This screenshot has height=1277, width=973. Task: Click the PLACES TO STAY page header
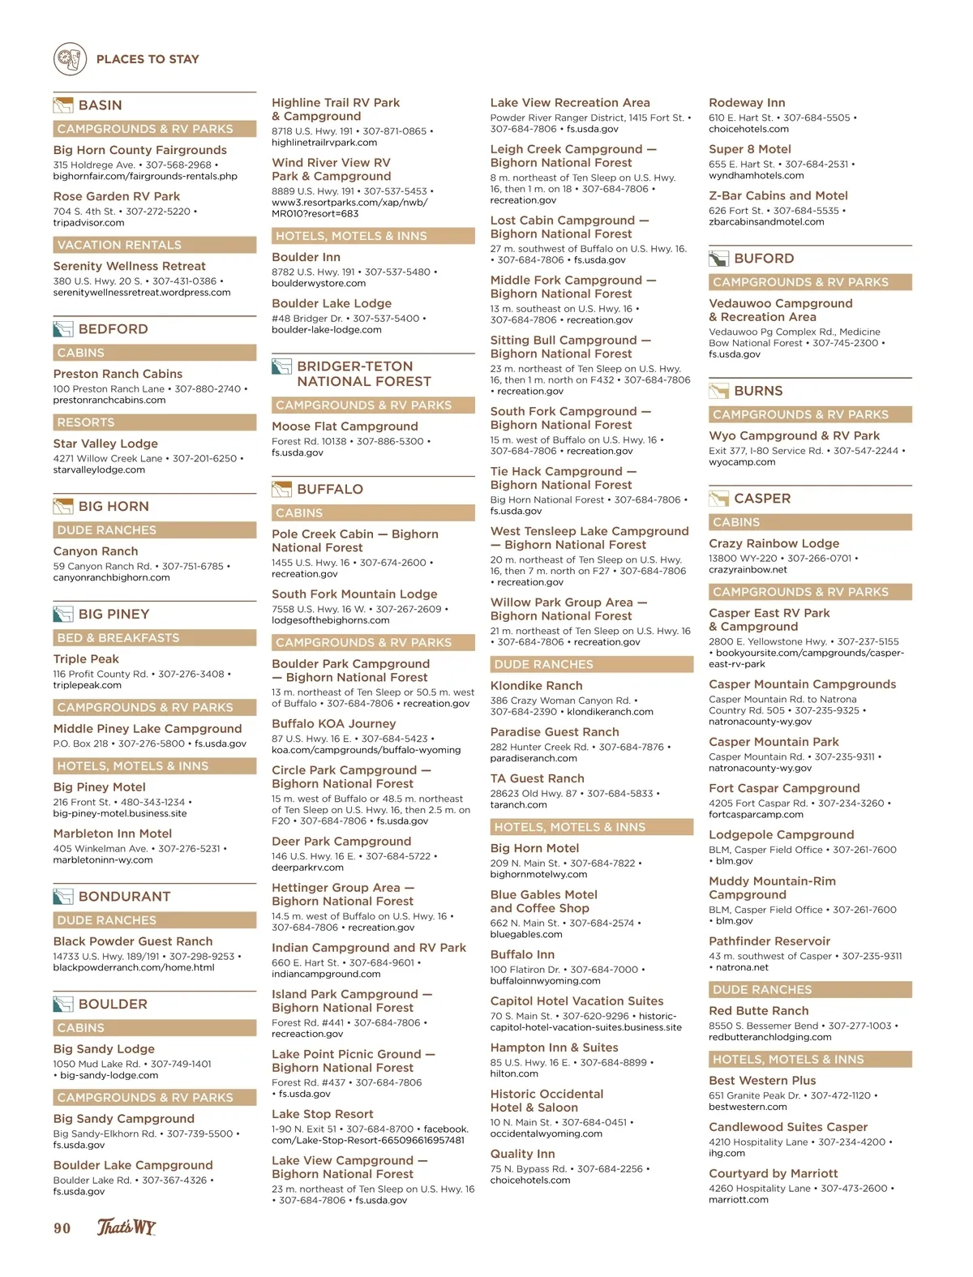tap(148, 59)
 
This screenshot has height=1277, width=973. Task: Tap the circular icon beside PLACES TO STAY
tap(70, 59)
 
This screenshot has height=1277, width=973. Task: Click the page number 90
tap(62, 1228)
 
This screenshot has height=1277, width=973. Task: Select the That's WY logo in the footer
tap(126, 1227)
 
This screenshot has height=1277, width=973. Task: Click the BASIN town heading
tap(100, 105)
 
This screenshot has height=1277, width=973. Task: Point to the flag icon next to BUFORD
tap(718, 259)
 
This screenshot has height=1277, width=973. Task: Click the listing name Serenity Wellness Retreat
tap(129, 266)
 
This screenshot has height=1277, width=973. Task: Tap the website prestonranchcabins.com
tap(109, 400)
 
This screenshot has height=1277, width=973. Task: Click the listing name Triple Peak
tap(86, 659)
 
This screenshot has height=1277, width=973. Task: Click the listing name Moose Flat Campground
tap(345, 426)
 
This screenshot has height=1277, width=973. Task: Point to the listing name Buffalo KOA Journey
tap(333, 724)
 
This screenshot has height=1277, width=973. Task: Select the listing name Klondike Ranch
tap(536, 686)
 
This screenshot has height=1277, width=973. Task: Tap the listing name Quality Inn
tap(522, 1155)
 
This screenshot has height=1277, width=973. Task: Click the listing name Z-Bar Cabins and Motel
tap(778, 196)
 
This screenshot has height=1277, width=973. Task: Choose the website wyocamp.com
tap(742, 462)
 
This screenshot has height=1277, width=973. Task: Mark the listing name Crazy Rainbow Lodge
tap(774, 544)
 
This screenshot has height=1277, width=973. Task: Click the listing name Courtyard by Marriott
tap(773, 1173)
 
